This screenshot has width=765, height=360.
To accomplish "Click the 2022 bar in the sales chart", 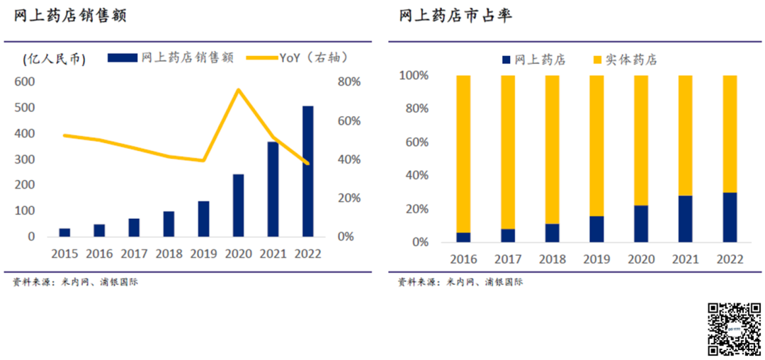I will click(x=307, y=171).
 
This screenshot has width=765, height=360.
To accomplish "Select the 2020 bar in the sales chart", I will click(x=238, y=205).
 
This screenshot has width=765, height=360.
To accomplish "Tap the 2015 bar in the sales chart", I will click(x=64, y=232).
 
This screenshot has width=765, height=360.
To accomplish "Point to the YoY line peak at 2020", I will click(x=239, y=89).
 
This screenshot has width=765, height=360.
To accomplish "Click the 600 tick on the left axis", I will click(x=25, y=81).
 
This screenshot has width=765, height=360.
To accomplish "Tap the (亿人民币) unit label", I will click(x=54, y=59).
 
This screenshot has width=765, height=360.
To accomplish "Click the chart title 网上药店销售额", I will click(x=70, y=16).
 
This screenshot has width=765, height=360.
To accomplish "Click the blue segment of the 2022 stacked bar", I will click(x=730, y=217).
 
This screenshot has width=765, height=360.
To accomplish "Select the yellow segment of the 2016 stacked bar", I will click(x=463, y=152).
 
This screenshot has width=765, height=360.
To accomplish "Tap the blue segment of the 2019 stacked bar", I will click(x=596, y=229).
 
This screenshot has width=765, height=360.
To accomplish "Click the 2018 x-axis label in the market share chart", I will click(x=552, y=259).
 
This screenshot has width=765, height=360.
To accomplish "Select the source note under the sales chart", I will click(x=75, y=282).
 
